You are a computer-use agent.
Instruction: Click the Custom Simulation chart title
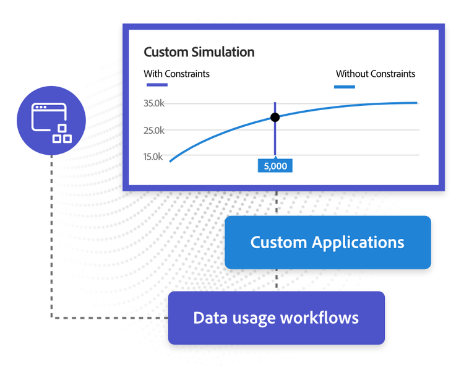pyautogui.click(x=199, y=52)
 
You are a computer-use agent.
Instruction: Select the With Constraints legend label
pyautogui.click(x=177, y=74)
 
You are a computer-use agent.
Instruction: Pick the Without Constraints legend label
pyautogui.click(x=376, y=74)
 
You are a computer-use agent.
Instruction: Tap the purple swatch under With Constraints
pyautogui.click(x=157, y=85)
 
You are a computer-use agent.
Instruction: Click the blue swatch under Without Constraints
pyautogui.click(x=345, y=87)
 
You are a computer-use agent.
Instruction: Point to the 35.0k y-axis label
pyautogui.click(x=154, y=103)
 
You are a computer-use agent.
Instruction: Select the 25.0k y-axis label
pyautogui.click(x=154, y=130)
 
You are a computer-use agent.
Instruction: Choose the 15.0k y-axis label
pyautogui.click(x=153, y=157)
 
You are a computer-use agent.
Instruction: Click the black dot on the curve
pyautogui.click(x=275, y=117)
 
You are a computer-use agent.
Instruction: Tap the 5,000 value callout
pyautogui.click(x=275, y=166)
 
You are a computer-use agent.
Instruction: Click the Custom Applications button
pyautogui.click(x=327, y=243)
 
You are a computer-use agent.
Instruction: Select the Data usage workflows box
pyautogui.click(x=277, y=318)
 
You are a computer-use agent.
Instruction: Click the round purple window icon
pyautogui.click(x=51, y=121)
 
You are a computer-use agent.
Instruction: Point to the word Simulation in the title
pyautogui.click(x=223, y=52)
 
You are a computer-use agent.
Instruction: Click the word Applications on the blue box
pyautogui.click(x=358, y=243)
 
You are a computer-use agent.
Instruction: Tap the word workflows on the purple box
pyautogui.click(x=319, y=318)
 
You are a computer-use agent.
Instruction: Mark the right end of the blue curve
pyautogui.click(x=417, y=103)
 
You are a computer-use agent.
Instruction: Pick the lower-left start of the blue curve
pyautogui.click(x=170, y=162)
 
